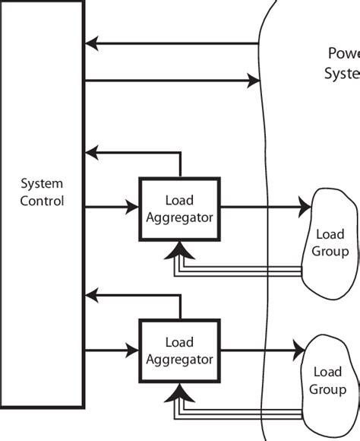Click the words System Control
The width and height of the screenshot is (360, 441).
coord(42,192)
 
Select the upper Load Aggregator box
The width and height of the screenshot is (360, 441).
coord(179,208)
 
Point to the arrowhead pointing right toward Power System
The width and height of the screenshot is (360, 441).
coord(253,79)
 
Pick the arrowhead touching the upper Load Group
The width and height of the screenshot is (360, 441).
coord(305,206)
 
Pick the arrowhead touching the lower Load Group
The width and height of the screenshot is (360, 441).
coord(298,350)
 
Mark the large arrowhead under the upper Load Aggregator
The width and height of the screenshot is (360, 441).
coord(179,249)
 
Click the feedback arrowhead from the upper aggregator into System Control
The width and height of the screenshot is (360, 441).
coord(93,152)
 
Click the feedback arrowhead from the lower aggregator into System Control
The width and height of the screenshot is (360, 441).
coord(93,294)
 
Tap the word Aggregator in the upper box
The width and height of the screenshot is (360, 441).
coord(179,217)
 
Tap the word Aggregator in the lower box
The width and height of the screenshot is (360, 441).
coord(179,358)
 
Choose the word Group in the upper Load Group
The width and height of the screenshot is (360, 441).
coord(330,252)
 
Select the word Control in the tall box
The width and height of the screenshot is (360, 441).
coord(42,201)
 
